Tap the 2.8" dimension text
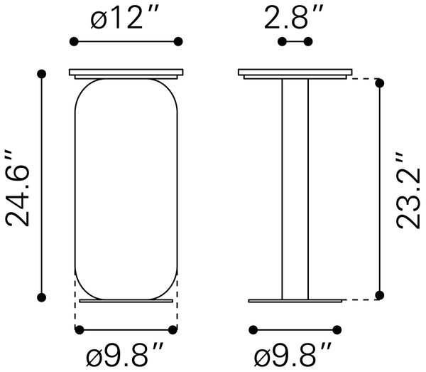pyautogui.click(x=294, y=18)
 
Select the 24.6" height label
pyautogui.click(x=17, y=188)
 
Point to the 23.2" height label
pyautogui.click(x=408, y=191)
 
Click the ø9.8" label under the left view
pyautogui.click(x=125, y=354)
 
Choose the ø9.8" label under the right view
pyautogui.click(x=293, y=354)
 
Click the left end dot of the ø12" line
pyautogui.click(x=74, y=42)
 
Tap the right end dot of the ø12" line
pyautogui.click(x=178, y=42)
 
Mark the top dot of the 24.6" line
pyautogui.click(x=42, y=74)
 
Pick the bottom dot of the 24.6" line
pyautogui.click(x=42, y=297)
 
